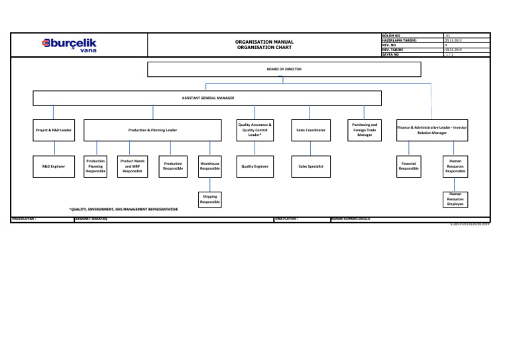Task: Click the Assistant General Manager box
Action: click(207, 98)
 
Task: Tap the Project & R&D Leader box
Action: click(54, 130)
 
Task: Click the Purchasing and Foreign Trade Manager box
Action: click(365, 130)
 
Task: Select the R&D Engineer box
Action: click(54, 166)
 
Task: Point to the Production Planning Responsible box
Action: click(95, 166)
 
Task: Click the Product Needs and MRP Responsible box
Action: click(133, 166)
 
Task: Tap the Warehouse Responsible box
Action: click(210, 166)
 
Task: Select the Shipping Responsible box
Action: click(210, 198)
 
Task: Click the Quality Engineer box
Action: click(255, 166)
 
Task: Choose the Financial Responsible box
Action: click(408, 166)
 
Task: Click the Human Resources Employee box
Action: click(455, 199)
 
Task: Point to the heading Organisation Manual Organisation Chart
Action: click(264, 45)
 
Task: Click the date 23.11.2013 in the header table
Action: click(452, 40)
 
